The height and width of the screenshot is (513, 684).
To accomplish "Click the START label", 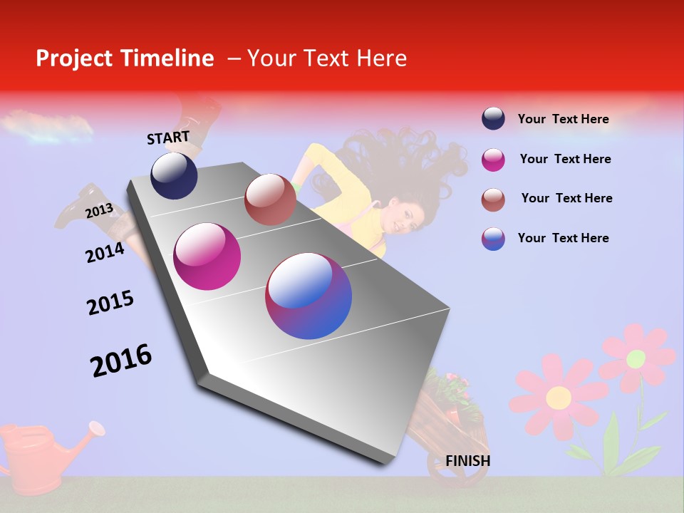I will click(168, 138).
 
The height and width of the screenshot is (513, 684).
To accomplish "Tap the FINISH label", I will click(467, 461).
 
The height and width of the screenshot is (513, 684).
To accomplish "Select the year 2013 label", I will click(99, 211).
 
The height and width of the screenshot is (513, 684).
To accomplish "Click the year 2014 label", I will click(105, 252).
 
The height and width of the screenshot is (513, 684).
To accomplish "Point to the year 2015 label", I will click(110, 303).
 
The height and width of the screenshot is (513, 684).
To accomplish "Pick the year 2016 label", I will click(121, 361).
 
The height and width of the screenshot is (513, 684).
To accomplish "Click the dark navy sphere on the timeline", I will click(174, 176).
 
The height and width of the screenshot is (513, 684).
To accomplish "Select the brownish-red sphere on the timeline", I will click(270, 199).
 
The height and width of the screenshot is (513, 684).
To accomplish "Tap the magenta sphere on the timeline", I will click(207, 256).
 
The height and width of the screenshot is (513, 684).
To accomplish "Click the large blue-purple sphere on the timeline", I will click(309, 296).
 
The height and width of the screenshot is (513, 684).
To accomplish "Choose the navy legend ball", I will click(493, 118).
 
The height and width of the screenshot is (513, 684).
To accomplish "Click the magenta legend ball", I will click(493, 160).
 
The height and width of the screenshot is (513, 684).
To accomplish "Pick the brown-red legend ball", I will click(493, 199).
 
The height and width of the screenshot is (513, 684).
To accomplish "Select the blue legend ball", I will click(493, 239).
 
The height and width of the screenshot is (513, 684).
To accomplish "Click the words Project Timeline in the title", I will click(125, 58).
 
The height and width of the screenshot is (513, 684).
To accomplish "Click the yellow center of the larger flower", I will click(558, 397).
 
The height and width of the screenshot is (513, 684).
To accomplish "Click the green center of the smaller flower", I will click(636, 358).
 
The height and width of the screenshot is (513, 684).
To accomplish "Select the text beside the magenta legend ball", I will click(565, 159).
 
